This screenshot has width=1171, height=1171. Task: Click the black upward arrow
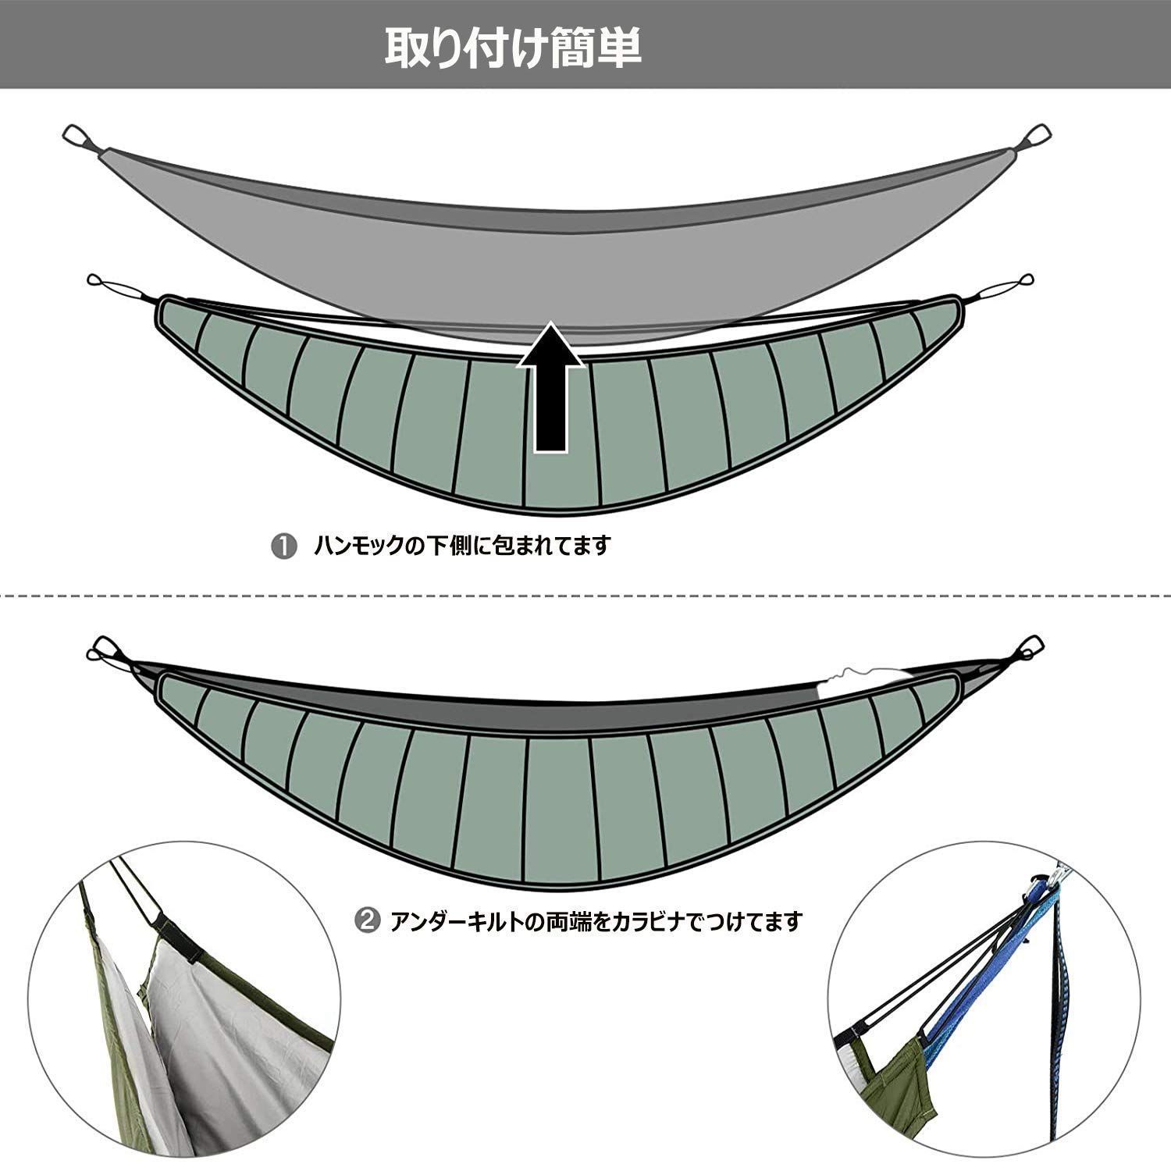coord(551,390)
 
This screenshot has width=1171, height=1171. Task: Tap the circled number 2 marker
coord(367,922)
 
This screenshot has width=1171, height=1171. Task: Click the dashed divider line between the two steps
coord(585,596)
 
